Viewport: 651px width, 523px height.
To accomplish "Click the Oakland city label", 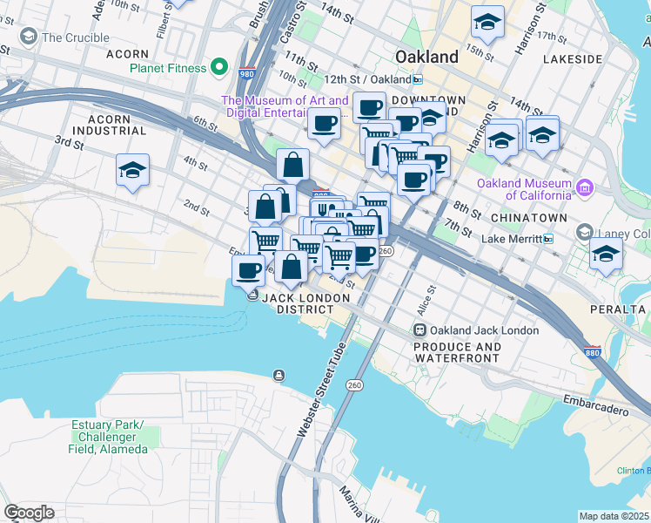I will coord(426,57).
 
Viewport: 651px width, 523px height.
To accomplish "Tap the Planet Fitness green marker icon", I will coord(221,67).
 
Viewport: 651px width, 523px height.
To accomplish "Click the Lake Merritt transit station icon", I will coord(549,239).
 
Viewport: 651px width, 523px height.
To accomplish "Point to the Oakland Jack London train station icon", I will coord(419,330).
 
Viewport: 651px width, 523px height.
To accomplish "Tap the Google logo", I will coord(29,513).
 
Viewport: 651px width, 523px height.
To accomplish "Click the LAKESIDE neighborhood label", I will coord(572,59).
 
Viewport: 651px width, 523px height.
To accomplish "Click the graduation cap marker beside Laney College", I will coord(607,253).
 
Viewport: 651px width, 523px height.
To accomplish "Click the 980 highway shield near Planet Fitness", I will coord(247,74).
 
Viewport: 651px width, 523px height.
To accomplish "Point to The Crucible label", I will coord(75,37).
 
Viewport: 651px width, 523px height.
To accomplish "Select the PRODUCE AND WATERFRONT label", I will coord(458,352).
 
